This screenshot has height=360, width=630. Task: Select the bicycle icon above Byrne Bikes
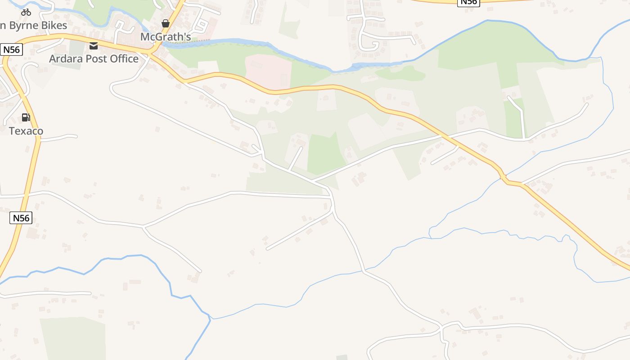(x=26, y=12)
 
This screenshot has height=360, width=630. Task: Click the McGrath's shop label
(x=166, y=37)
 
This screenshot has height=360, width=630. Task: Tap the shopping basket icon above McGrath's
(x=166, y=23)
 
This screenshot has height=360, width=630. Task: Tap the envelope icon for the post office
(x=94, y=45)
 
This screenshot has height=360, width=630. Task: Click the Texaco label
(x=26, y=131)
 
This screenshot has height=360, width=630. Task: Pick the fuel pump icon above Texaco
(x=26, y=117)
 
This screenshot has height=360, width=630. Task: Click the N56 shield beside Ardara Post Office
(x=11, y=49)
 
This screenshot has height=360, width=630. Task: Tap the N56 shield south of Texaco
(x=21, y=218)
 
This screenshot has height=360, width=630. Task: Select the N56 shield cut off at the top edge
(x=468, y=2)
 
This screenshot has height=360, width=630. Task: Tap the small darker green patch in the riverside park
(x=400, y=73)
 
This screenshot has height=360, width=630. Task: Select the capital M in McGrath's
(x=145, y=37)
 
